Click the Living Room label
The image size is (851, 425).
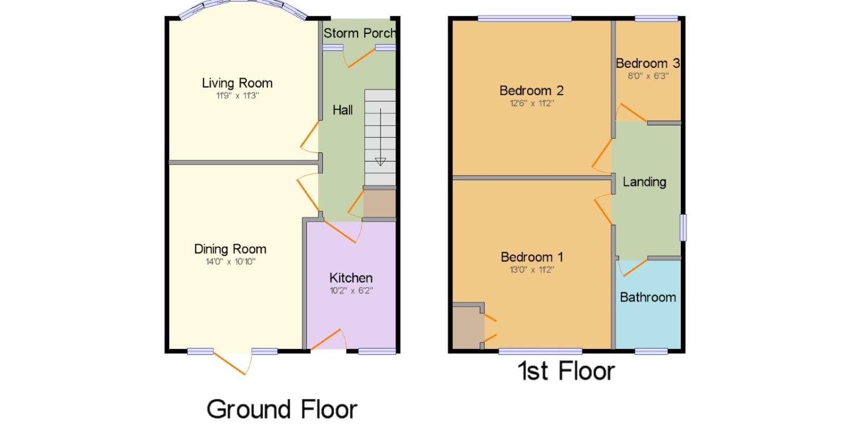coord(237,83)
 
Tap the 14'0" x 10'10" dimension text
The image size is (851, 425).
coord(230,261)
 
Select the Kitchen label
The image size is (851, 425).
coord(351,278)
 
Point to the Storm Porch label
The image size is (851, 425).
coord(359,33)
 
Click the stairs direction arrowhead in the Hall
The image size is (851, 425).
coord(380,161)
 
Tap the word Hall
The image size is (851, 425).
coord(343,110)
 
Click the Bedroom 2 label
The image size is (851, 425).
coord(532,91)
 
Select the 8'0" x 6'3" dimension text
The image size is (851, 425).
coord(648,76)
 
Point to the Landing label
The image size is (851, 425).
coord(644,182)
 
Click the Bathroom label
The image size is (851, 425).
coord(648,297)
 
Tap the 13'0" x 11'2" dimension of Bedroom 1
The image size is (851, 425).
coord(532,270)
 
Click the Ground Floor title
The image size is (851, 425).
coord(281,409)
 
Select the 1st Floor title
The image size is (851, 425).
coord(566,371)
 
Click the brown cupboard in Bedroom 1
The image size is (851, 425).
coord(468,327)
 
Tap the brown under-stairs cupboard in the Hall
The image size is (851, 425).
coord(379,204)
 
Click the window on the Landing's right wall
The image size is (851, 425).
coord(683,228)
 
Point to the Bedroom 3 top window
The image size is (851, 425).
coord(656,18)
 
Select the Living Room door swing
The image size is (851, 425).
coord(310,137)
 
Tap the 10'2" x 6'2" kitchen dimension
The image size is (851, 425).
coord(351,291)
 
